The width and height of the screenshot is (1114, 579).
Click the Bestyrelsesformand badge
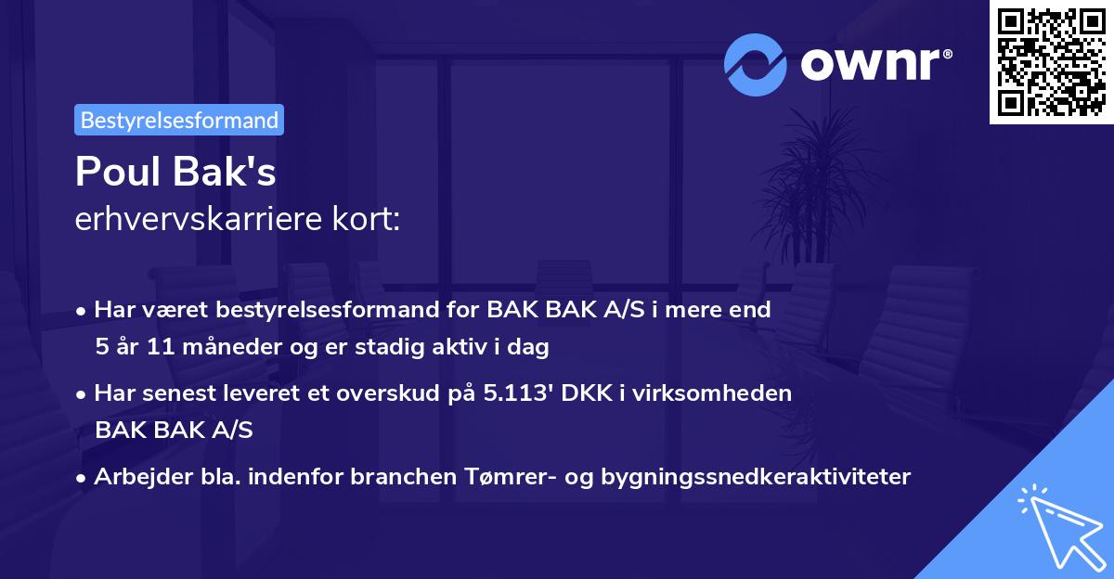tap(179, 120)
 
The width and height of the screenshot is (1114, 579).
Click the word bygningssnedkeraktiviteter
tap(759, 477)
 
